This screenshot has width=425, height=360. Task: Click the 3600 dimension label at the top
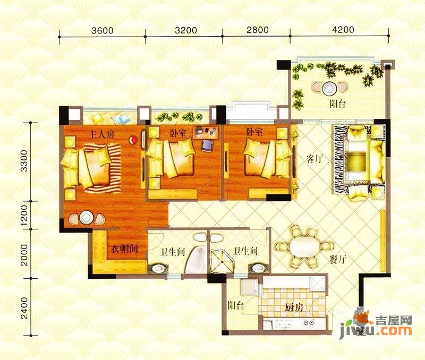click(102, 30)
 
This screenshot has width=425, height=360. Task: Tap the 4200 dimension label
click(343, 29)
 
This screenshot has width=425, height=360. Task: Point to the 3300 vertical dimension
click(24, 161)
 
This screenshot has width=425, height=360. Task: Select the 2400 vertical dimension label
click(24, 308)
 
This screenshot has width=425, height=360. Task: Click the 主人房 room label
click(102, 134)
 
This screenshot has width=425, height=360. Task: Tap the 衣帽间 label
click(124, 248)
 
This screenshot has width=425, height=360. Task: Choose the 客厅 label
click(315, 159)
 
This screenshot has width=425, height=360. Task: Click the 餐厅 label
click(338, 260)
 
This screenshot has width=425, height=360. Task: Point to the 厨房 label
click(294, 308)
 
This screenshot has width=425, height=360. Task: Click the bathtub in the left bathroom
click(196, 261)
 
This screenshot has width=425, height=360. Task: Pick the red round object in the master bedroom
click(133, 140)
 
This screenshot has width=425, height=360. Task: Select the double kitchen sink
click(282, 323)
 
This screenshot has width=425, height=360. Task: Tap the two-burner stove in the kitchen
click(309, 323)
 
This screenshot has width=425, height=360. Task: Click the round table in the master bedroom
click(87, 218)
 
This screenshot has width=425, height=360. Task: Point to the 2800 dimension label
click(257, 30)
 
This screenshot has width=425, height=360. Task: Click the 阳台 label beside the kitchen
click(235, 305)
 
